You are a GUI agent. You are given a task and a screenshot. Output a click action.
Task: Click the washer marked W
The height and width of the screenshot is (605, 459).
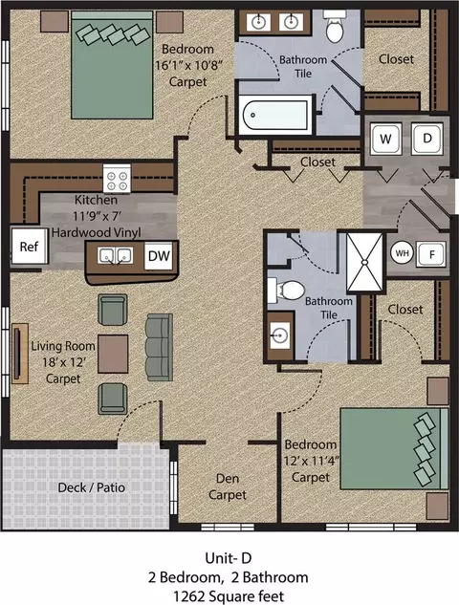pyautogui.click(x=386, y=139)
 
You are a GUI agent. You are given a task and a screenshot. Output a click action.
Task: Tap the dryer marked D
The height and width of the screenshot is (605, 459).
pyautogui.click(x=426, y=139)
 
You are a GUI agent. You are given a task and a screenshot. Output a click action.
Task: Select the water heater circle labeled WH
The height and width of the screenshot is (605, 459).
pyautogui.click(x=402, y=253)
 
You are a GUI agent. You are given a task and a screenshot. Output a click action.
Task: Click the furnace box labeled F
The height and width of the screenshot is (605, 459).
pyautogui.click(x=431, y=254)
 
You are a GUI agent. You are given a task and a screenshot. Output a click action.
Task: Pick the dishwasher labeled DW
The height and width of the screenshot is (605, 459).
pyautogui.click(x=159, y=256)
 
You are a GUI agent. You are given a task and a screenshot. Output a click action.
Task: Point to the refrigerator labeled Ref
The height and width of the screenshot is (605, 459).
pyautogui.click(x=29, y=247)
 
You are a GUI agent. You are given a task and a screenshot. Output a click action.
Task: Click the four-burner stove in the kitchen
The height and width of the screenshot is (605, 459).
pyautogui.click(x=117, y=179)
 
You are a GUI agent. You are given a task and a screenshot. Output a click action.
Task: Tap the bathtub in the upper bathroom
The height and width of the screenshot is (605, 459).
pyautogui.click(x=275, y=115)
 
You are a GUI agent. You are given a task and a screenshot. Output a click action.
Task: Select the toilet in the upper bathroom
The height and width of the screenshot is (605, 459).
pyautogui.click(x=335, y=26)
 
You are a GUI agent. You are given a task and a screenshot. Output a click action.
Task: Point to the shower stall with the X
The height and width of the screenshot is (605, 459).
pyautogui.click(x=365, y=262)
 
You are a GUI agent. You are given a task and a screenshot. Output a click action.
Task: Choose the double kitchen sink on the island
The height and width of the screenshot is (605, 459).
pyautogui.click(x=115, y=256)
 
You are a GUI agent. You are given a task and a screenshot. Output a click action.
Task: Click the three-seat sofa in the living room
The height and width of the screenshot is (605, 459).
pyautogui.click(x=159, y=347)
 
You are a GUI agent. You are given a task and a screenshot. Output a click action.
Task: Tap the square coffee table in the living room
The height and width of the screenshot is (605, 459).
pyautogui.click(x=113, y=354)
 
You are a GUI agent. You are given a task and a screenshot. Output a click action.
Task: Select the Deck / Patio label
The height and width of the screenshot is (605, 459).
pyautogui.click(x=92, y=487)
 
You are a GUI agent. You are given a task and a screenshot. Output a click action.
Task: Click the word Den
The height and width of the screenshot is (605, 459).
pyautogui.click(x=228, y=479)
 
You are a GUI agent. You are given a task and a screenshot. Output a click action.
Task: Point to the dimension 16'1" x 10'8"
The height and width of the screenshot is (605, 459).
pyautogui.click(x=188, y=65)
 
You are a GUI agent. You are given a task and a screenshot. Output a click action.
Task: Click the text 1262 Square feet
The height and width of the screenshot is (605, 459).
pyautogui.click(x=229, y=596)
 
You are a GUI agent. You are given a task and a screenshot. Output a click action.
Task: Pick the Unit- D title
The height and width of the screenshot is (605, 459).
pyautogui.click(x=229, y=558)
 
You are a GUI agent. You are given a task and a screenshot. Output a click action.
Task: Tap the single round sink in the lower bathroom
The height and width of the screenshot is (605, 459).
pyautogui.click(x=279, y=335)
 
